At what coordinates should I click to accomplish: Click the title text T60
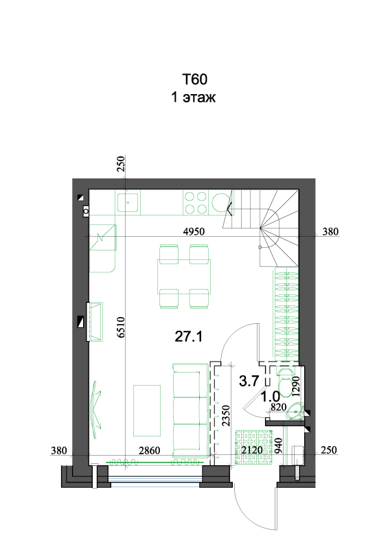coord(194,80)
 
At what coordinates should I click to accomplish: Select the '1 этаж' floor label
coord(193,97)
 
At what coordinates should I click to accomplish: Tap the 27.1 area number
coord(189,337)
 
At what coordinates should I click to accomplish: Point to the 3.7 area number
coord(249,381)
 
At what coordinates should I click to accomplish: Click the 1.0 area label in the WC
coord(271,397)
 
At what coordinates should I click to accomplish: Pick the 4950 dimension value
coord(194,231)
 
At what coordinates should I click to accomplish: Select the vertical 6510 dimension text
coord(121,327)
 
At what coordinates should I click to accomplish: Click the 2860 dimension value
coord(149,451)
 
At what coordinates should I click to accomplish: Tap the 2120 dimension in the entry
coord(252,450)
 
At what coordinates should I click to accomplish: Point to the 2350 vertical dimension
coord(226,416)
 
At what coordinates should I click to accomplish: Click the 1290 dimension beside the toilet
coord(296,386)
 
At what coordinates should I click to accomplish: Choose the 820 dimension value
coord(279,407)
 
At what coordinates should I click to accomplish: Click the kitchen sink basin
coord(128,202)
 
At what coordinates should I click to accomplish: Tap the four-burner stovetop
coord(196,202)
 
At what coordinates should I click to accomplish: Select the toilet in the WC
coord(286,382)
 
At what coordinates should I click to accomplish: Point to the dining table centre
coord(184,277)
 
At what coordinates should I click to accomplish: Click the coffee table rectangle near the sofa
coord(147,410)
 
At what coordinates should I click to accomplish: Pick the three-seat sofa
coord(190,410)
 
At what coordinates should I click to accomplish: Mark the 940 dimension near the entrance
coord(279,445)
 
